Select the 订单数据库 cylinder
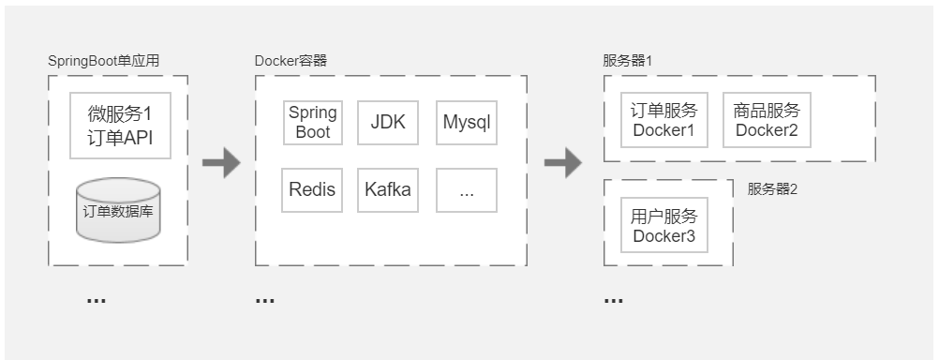point(118,210)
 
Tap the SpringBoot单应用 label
point(104,61)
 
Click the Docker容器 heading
point(291,61)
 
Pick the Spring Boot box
point(313,123)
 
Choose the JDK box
point(388,123)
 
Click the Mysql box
point(467,123)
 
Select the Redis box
point(313,190)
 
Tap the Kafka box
point(388,190)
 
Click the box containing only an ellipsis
point(467,190)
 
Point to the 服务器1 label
point(627,61)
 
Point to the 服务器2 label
point(772,188)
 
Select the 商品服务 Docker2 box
point(767,120)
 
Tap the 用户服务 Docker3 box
point(664,226)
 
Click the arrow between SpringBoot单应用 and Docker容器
point(221,162)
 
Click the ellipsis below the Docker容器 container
point(265,301)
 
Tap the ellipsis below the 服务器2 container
point(614,301)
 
